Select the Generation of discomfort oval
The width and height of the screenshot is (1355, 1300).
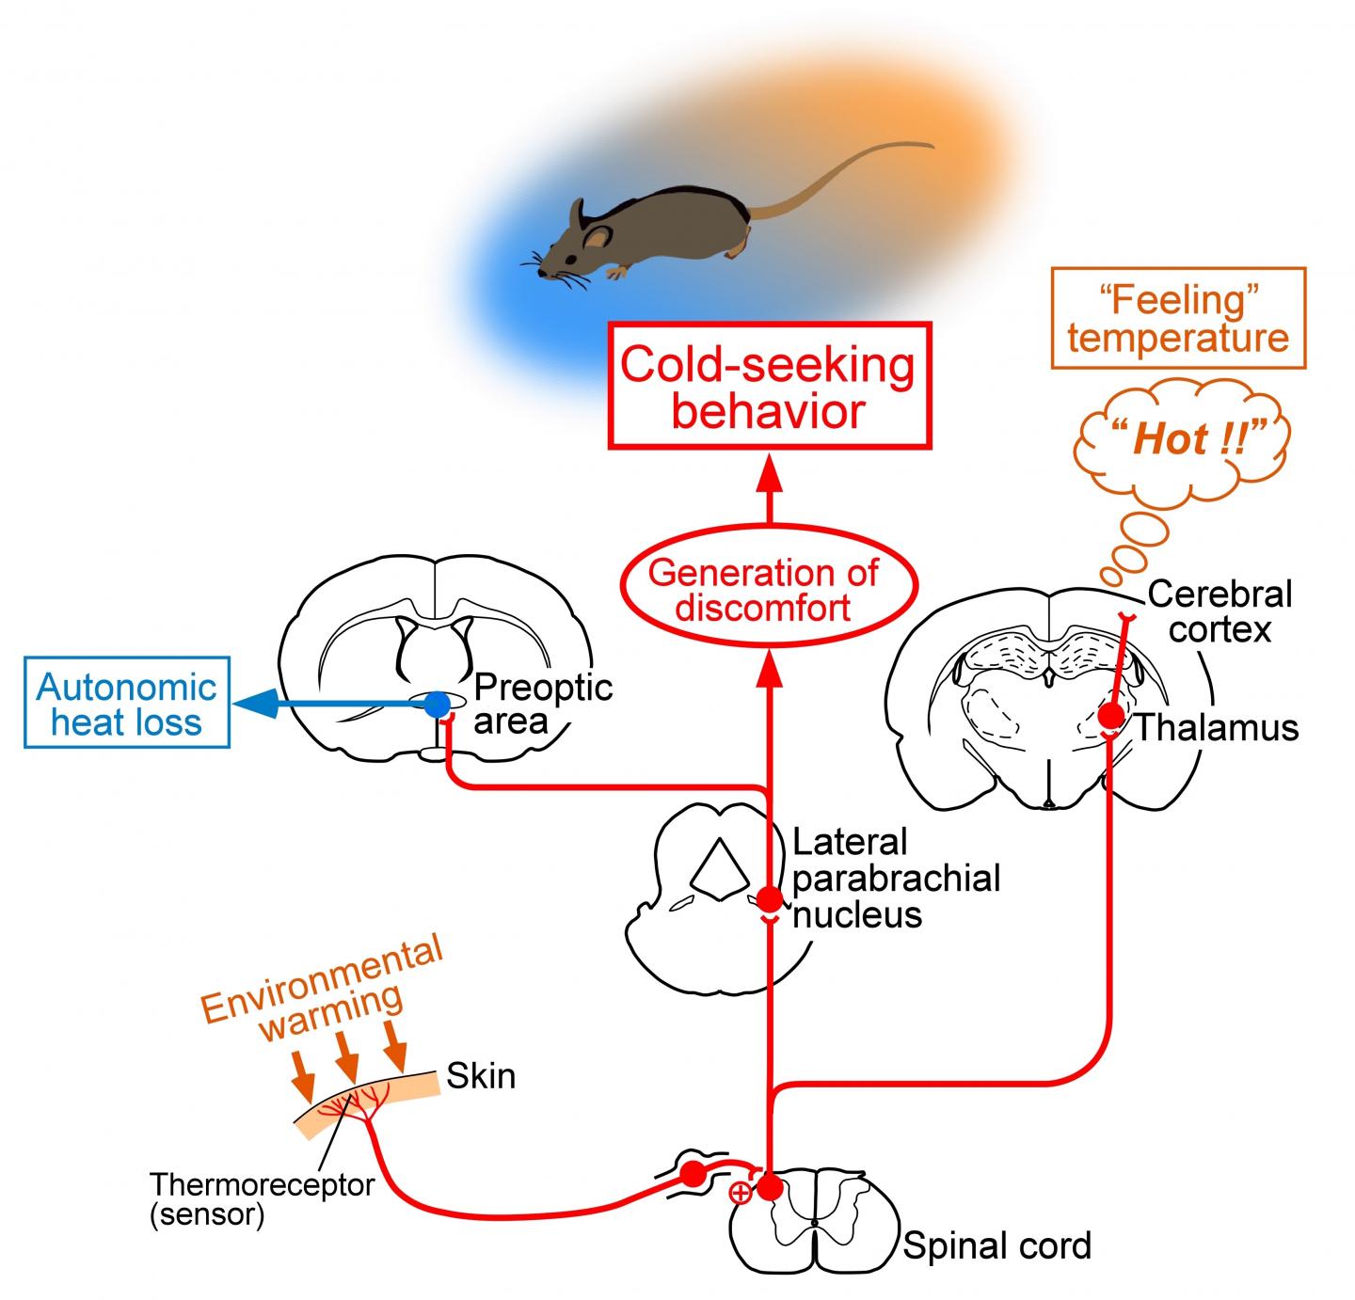pyautogui.click(x=763, y=590)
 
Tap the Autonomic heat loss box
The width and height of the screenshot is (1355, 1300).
pyautogui.click(x=127, y=705)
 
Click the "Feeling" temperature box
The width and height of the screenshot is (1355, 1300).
pyautogui.click(x=1177, y=319)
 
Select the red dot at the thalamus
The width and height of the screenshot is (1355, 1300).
pyautogui.click(x=1111, y=716)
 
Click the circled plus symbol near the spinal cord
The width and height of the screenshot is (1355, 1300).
pyautogui.click(x=741, y=1194)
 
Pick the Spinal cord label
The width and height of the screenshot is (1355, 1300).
pyautogui.click(x=996, y=1245)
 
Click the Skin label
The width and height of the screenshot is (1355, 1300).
pyautogui.click(x=481, y=1075)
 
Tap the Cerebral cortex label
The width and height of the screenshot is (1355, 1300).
pyautogui.click(x=1220, y=611)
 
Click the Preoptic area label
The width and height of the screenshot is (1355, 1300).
pyautogui.click(x=543, y=705)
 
